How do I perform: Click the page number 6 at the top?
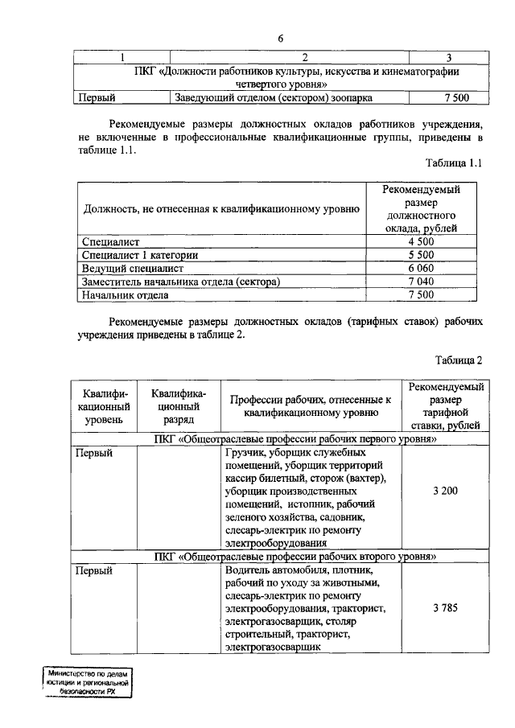pos(281,38)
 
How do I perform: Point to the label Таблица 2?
pos(459,360)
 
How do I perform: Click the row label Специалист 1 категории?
pos(140,255)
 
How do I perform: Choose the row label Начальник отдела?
pos(126,294)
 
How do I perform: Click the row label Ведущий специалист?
pos(134,268)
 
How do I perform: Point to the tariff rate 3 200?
pos(445,491)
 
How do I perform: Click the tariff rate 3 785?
pos(445,607)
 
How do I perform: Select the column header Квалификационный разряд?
pos(179,406)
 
